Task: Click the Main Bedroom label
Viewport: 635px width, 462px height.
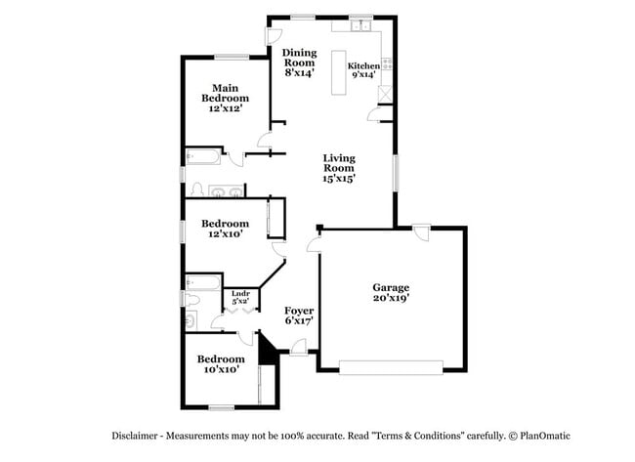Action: [x=225, y=98]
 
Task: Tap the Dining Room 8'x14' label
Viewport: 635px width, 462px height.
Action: [x=299, y=61]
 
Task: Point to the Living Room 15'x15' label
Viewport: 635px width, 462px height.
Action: [x=339, y=167]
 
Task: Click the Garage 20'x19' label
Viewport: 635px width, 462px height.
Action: [x=390, y=293]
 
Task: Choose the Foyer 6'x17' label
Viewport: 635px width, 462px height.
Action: [x=299, y=315]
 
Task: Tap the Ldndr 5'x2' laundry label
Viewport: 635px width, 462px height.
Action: [x=240, y=297]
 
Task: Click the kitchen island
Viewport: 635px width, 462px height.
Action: [x=341, y=73]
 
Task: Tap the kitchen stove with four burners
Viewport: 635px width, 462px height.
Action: [x=388, y=64]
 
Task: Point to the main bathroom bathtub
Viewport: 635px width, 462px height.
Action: [x=202, y=155]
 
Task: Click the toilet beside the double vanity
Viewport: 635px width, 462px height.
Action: [x=196, y=189]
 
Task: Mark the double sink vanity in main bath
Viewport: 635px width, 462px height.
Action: [x=226, y=190]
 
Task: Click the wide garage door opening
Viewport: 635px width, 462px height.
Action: [x=391, y=366]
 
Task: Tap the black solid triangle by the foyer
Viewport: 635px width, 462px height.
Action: [x=266, y=352]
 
